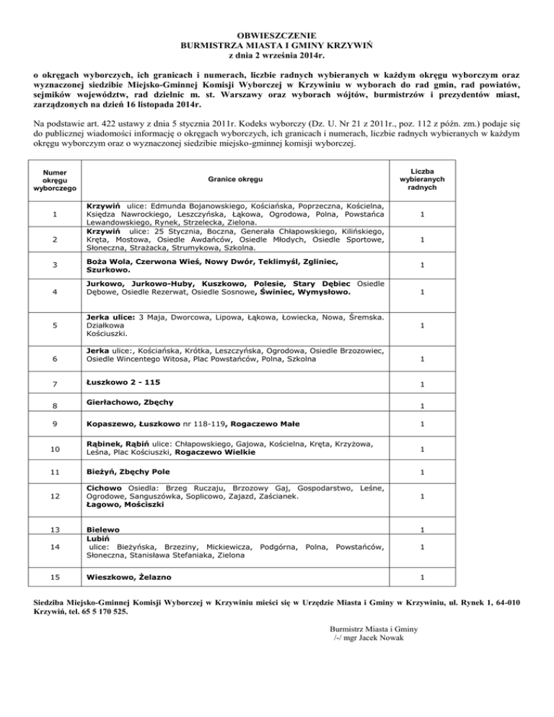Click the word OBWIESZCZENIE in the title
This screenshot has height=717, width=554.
point(276,34)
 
